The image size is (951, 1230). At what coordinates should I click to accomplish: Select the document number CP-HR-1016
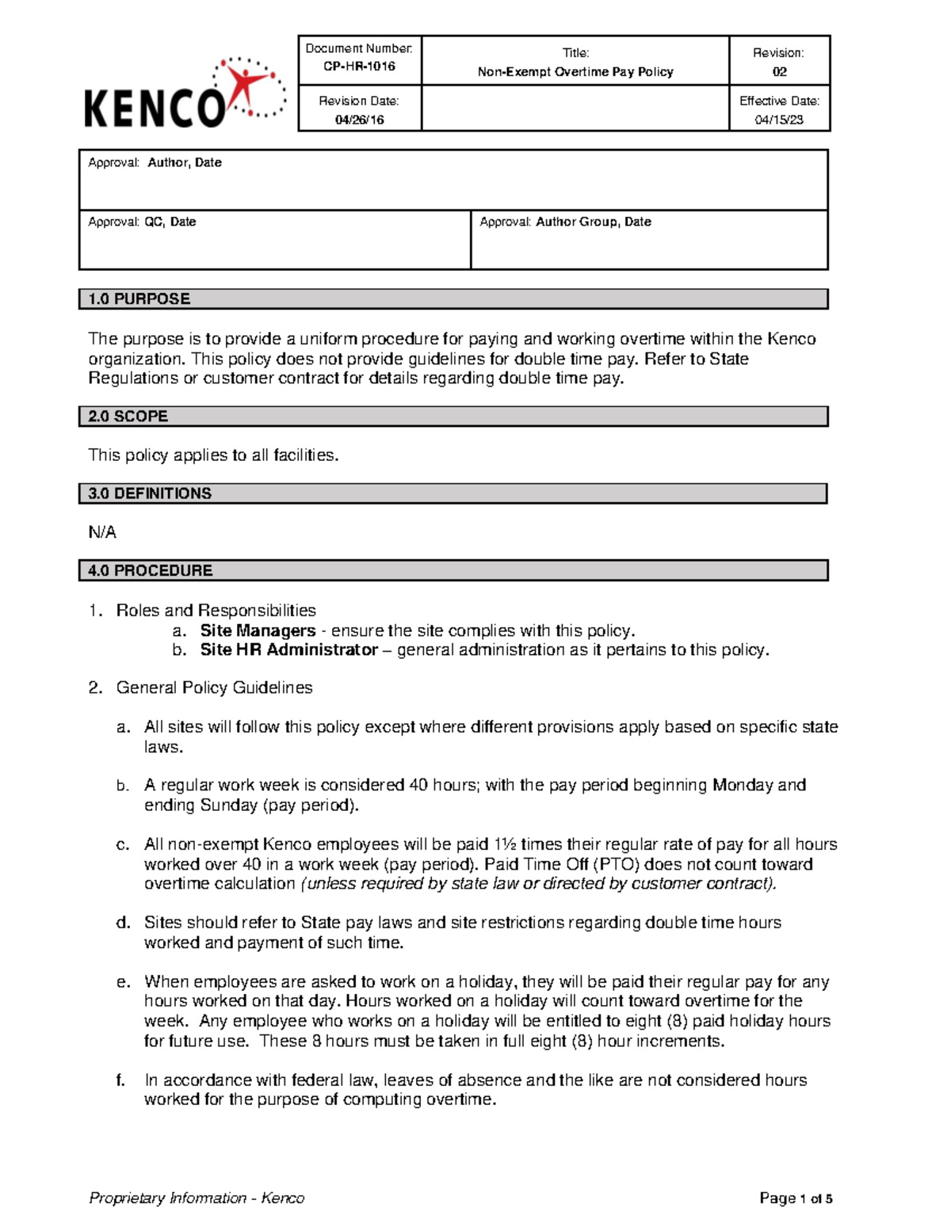pos(359,67)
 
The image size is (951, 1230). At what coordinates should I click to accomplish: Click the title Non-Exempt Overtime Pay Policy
pos(575,72)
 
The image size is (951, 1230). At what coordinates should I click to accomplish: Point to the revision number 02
pos(779,72)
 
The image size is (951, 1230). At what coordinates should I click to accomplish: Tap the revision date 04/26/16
pos(359,120)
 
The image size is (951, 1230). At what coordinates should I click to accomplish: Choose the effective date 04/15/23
pos(779,120)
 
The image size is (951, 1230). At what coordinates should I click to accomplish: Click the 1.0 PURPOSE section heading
pos(139,299)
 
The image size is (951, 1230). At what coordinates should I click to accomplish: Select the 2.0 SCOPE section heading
pos(128,417)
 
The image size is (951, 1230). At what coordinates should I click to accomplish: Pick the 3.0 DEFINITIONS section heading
pos(150,493)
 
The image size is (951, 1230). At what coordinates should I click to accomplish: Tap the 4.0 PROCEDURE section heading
pos(150,570)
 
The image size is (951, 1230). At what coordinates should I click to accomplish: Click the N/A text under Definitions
pos(102,532)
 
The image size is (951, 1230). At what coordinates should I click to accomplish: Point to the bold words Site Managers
pos(258,630)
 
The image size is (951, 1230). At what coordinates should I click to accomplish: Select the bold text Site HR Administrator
pos(288,650)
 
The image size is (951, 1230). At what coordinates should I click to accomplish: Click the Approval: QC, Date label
pos(142,222)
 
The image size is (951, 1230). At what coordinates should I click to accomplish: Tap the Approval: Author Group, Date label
pos(565,222)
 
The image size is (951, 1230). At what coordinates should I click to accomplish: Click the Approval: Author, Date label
pos(155,162)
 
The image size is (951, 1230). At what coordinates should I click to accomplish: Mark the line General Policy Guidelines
pos(214,687)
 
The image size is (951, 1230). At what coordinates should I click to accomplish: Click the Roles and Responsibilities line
pos(216,611)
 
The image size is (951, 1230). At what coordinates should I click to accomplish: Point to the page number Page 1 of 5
pos(795,1198)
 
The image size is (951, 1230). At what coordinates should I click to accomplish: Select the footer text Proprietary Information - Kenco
pos(197,1198)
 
